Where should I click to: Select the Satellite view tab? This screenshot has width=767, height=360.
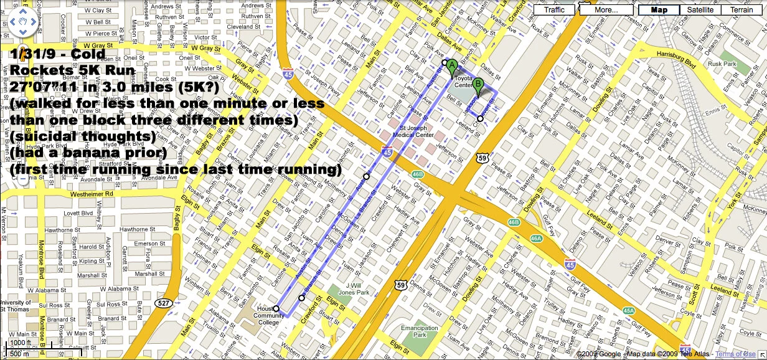[x=700, y=10]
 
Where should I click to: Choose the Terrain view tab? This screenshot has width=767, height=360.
[x=741, y=10]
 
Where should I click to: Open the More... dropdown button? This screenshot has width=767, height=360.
[x=606, y=10]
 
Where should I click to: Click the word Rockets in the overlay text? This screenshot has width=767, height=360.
[x=41, y=70]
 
